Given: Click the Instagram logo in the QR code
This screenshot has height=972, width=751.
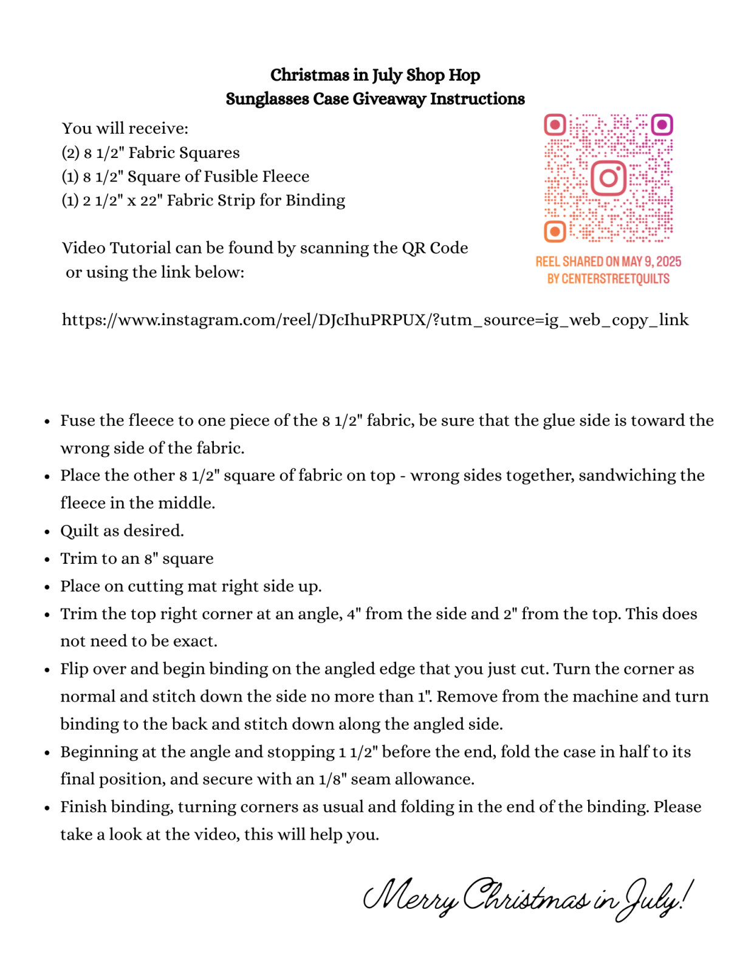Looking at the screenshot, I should (x=608, y=178).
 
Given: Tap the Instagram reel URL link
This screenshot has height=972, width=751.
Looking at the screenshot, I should (x=375, y=320).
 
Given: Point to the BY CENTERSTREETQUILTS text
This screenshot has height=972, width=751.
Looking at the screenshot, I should (x=608, y=279).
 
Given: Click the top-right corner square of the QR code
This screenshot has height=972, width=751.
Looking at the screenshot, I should (x=662, y=125).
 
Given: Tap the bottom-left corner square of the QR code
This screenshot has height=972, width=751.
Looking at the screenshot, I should (x=554, y=231).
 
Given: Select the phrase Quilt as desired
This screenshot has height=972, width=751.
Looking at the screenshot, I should (x=122, y=531).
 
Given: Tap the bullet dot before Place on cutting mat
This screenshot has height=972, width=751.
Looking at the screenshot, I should (x=47, y=587).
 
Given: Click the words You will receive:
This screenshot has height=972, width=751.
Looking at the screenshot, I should (x=125, y=129).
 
